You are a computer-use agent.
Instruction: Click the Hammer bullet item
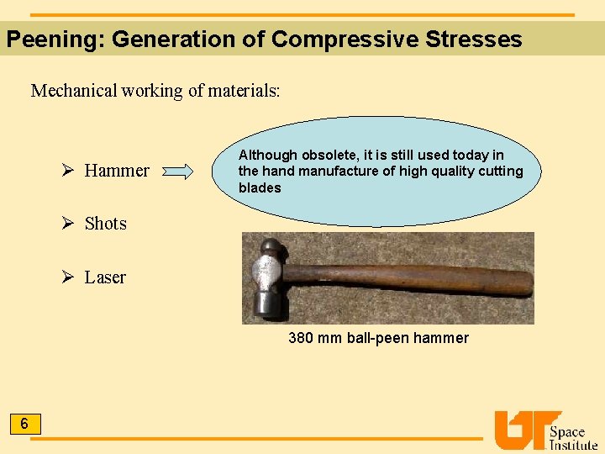[x=117, y=171]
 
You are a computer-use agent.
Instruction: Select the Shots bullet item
[x=105, y=224]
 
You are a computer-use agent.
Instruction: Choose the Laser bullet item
[x=105, y=277]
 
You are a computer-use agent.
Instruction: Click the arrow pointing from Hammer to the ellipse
[x=177, y=172]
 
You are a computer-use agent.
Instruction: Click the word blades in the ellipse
[x=260, y=187]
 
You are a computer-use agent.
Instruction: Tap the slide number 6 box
[x=24, y=425]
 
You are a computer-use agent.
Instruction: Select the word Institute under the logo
[x=573, y=446]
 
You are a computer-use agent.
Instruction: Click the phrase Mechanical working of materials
[x=155, y=91]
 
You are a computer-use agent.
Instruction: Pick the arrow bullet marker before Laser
[x=71, y=277]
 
